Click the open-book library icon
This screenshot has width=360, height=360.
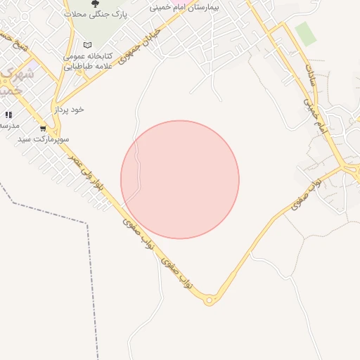(87, 45)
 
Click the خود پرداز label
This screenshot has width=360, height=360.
(69, 110)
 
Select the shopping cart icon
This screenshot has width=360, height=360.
(43, 129)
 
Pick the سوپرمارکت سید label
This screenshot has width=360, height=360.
(44, 140)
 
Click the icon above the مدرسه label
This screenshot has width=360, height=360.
(8, 114)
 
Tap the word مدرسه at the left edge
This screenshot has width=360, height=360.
(8, 125)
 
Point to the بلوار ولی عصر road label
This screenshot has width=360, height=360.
(91, 180)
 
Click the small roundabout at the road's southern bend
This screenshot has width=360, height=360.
(209, 301)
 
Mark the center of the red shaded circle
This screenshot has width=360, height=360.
(180, 180)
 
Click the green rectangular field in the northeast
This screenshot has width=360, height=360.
(305, 33)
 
